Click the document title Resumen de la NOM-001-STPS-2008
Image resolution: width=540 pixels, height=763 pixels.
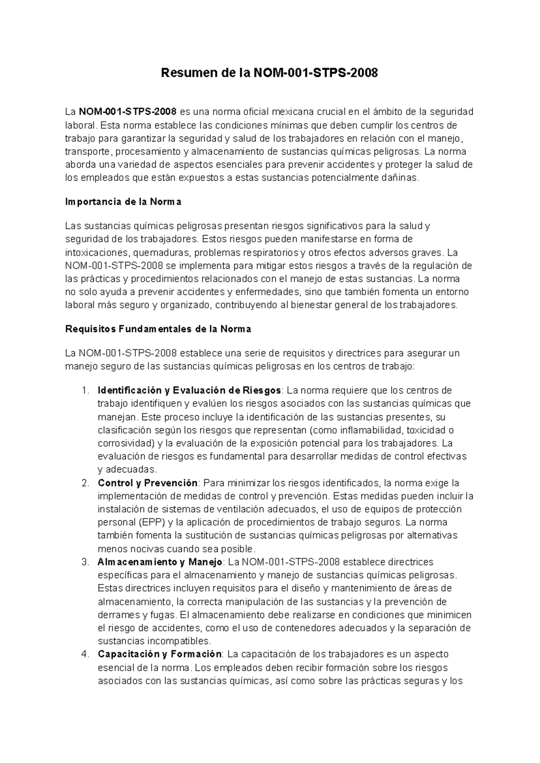270,73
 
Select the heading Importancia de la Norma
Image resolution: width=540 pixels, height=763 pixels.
123,202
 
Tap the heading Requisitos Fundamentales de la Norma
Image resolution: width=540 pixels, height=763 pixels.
158,329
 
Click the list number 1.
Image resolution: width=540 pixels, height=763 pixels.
85,390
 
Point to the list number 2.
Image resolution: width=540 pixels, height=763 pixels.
85,483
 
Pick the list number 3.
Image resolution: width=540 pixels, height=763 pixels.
85,562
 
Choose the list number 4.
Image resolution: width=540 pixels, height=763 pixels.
85,654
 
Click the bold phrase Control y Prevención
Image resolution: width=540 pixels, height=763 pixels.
148,483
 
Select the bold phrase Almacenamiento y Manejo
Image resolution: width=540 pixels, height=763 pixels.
160,562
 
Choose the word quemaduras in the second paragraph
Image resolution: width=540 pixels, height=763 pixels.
162,252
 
